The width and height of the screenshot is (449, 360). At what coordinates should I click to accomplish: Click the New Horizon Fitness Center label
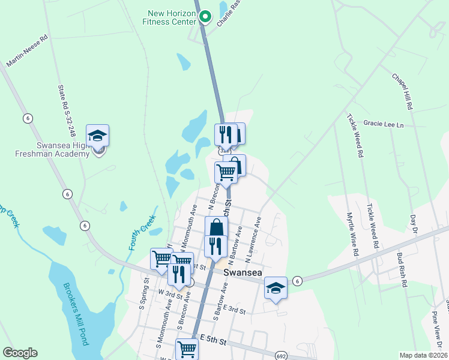coord(170,17)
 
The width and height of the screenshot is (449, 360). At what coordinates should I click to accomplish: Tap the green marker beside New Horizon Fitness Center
coord(205,17)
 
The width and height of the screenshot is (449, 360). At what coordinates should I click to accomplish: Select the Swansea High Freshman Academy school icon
coord(97,136)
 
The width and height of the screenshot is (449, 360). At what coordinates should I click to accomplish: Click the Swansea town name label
coord(241,272)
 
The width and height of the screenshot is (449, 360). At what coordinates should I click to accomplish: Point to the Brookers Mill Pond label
coord(71,313)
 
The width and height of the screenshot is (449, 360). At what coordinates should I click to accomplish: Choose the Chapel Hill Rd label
coord(402,91)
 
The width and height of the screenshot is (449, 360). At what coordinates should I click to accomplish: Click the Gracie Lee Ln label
coord(384,124)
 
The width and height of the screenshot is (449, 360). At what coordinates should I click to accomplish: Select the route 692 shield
coord(282,356)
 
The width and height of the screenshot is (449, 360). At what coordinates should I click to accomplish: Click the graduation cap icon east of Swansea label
coord(276,288)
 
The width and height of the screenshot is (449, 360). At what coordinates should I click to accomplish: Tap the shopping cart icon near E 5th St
coord(187,349)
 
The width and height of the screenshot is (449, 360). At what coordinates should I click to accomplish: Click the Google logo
coord(20,353)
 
